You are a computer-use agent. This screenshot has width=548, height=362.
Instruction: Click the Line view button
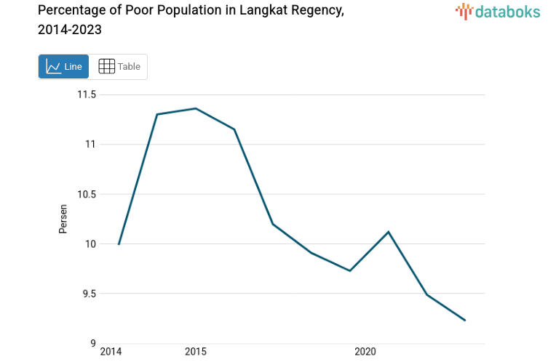pyautogui.click(x=63, y=67)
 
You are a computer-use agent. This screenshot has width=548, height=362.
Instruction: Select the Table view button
pyautogui.click(x=119, y=67)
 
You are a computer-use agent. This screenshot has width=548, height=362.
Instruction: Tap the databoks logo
pyautogui.click(x=498, y=11)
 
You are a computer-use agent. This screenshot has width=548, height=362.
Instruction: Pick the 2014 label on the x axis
pyautogui.click(x=111, y=353)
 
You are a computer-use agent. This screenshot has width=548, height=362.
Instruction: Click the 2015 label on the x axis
pyautogui.click(x=195, y=353)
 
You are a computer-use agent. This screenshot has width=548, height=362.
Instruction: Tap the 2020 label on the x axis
pyautogui.click(x=365, y=353)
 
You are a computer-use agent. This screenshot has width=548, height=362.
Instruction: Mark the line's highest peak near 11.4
pyautogui.click(x=195, y=108)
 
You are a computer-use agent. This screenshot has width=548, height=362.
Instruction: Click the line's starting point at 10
pyautogui.click(x=119, y=244)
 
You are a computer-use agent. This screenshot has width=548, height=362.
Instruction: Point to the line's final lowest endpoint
pyautogui.click(x=465, y=321)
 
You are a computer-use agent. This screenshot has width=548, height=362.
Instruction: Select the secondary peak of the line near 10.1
pyautogui.click(x=389, y=232)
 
